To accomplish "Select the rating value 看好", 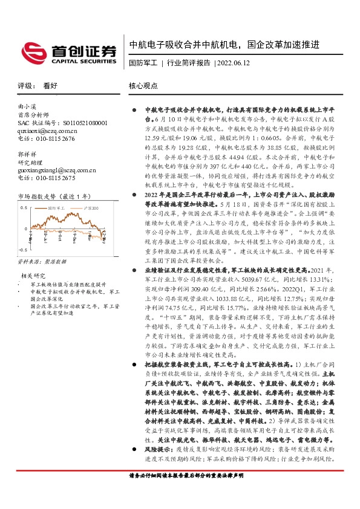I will pos(50,86).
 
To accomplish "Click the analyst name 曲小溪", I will pos(27,106).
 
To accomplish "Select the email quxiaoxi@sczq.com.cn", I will pos(47,130).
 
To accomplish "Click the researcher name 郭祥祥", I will pos(27,154).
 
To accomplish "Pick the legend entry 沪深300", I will pos(91,207).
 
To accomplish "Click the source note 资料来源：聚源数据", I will pos(42,262).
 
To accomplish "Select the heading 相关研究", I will pos(31,276).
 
